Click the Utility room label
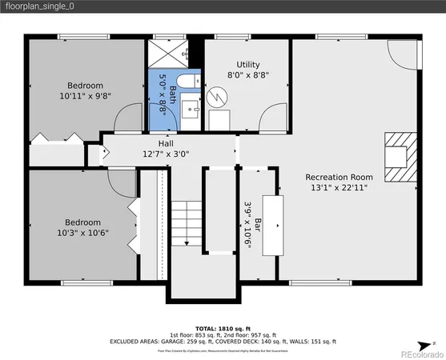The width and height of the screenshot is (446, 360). (247, 64)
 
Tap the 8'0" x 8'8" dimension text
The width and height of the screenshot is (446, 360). (247, 74)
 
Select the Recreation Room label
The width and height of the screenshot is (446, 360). (339, 177)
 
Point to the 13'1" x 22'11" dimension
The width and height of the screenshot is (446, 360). (339, 188)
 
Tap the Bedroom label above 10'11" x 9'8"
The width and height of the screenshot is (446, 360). (85, 86)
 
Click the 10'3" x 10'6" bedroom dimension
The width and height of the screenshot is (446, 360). (82, 233)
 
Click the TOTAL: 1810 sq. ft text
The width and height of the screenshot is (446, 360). (223, 328)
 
